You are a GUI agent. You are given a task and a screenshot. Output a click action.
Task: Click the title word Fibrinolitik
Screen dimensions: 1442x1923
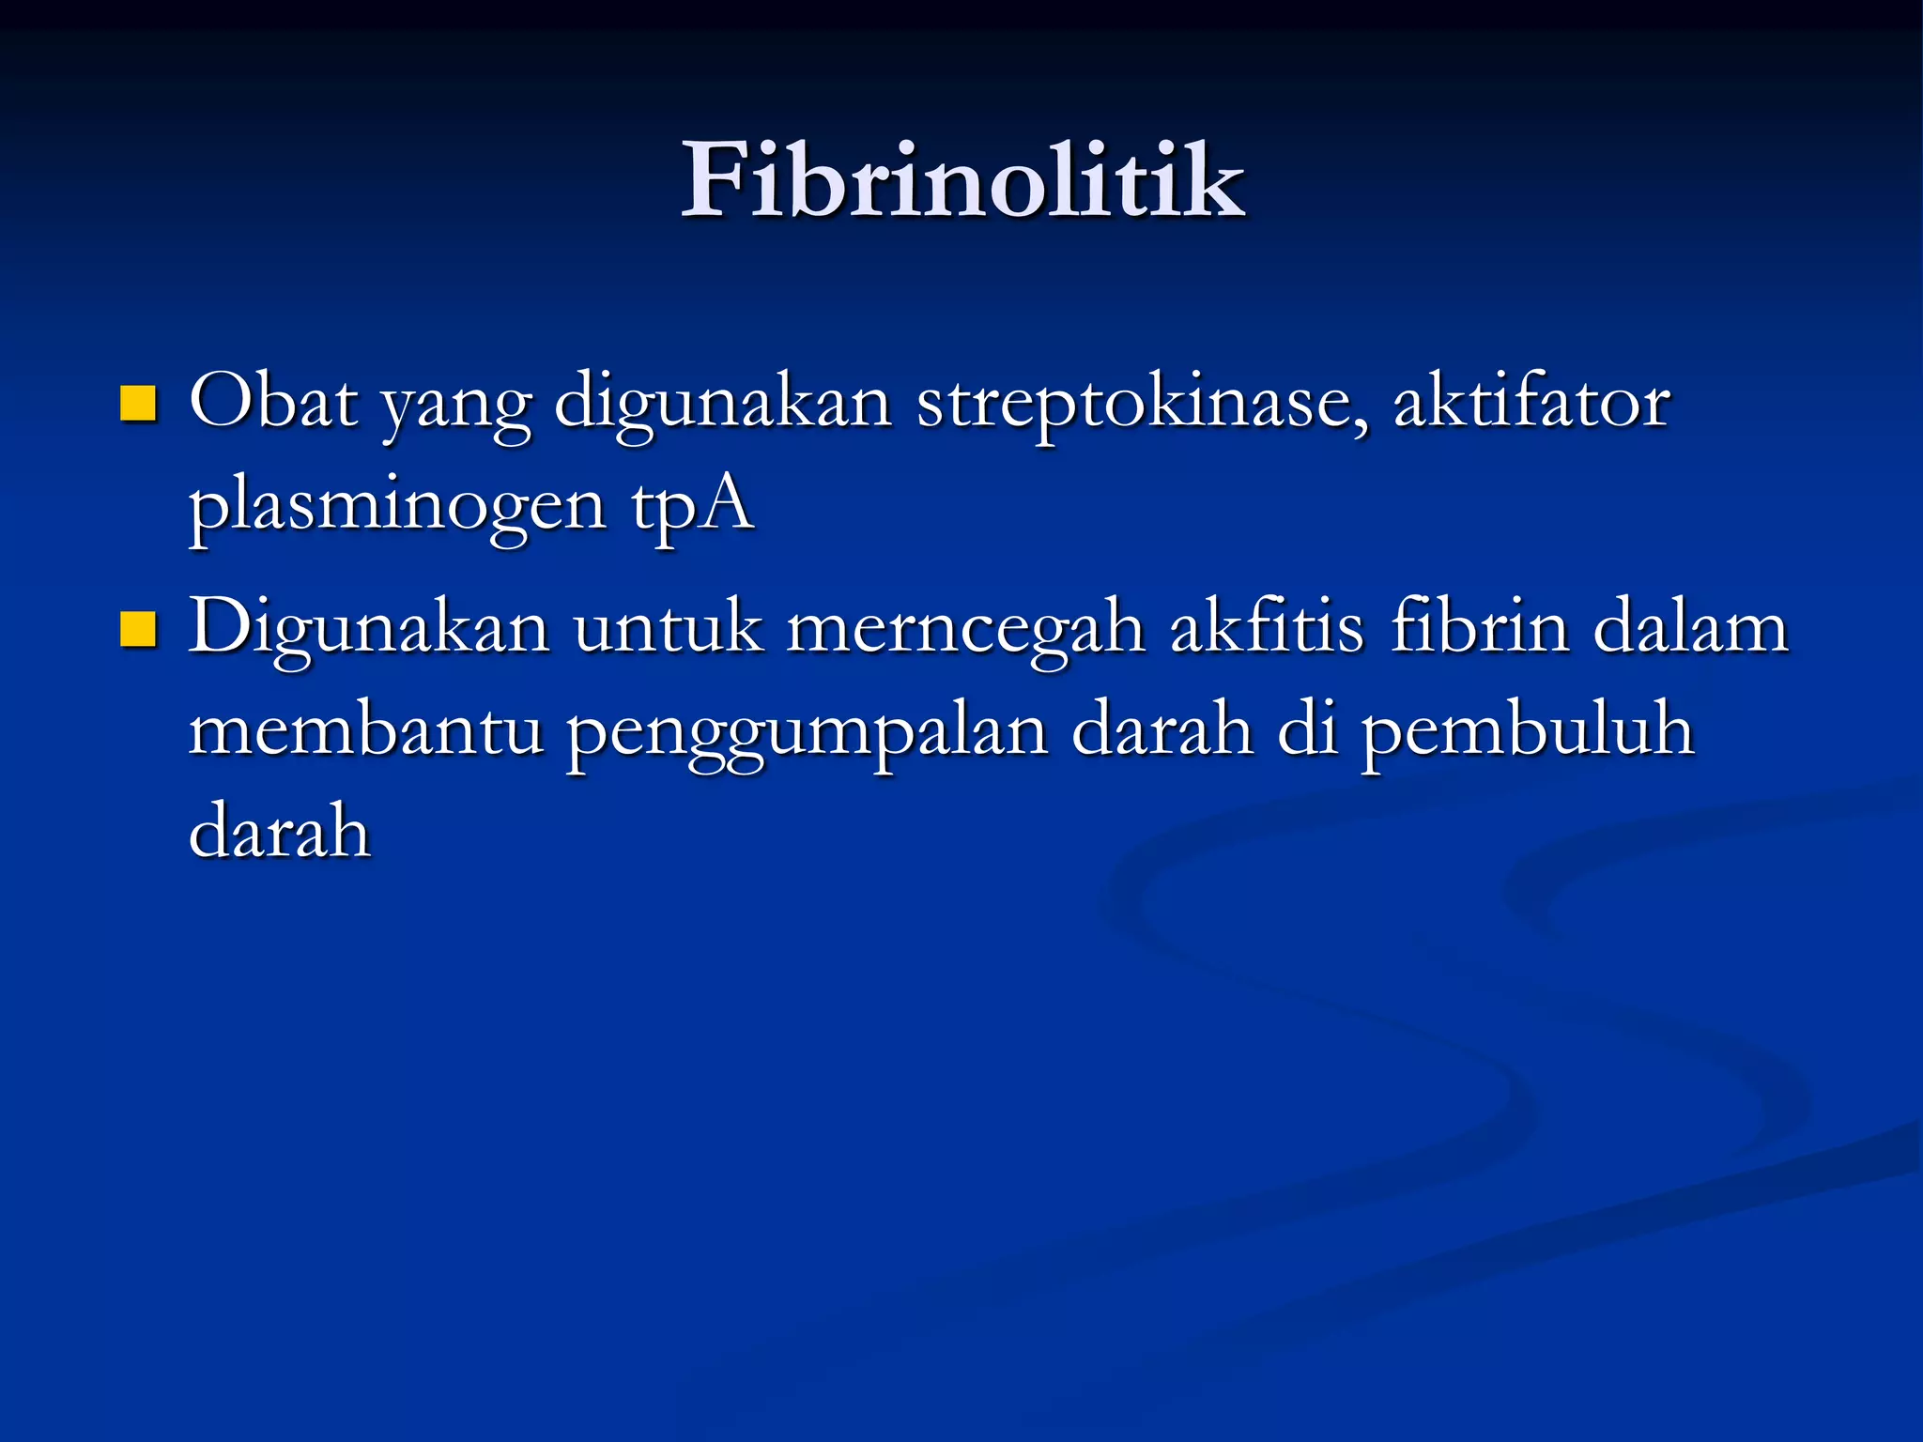[x=962, y=180]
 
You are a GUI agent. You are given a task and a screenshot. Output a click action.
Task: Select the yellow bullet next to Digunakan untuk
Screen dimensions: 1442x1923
[x=138, y=629]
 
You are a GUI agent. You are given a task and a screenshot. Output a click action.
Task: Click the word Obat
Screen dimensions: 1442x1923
[x=273, y=402]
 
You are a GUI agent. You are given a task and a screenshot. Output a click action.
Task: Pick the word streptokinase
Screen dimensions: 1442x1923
[x=1142, y=404]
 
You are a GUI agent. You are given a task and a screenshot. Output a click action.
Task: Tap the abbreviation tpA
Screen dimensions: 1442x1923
[x=692, y=507]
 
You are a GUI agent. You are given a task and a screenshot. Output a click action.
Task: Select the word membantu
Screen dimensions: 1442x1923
[x=366, y=729]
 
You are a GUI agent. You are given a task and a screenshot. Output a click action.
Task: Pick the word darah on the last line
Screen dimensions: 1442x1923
[x=280, y=832]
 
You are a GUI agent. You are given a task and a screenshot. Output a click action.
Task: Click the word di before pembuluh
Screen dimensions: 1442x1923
[x=1307, y=729]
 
